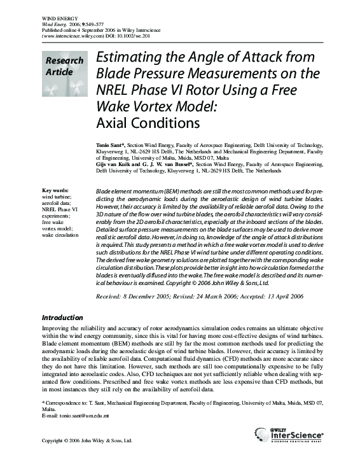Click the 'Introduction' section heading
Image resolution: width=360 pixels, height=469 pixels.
click(62, 318)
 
